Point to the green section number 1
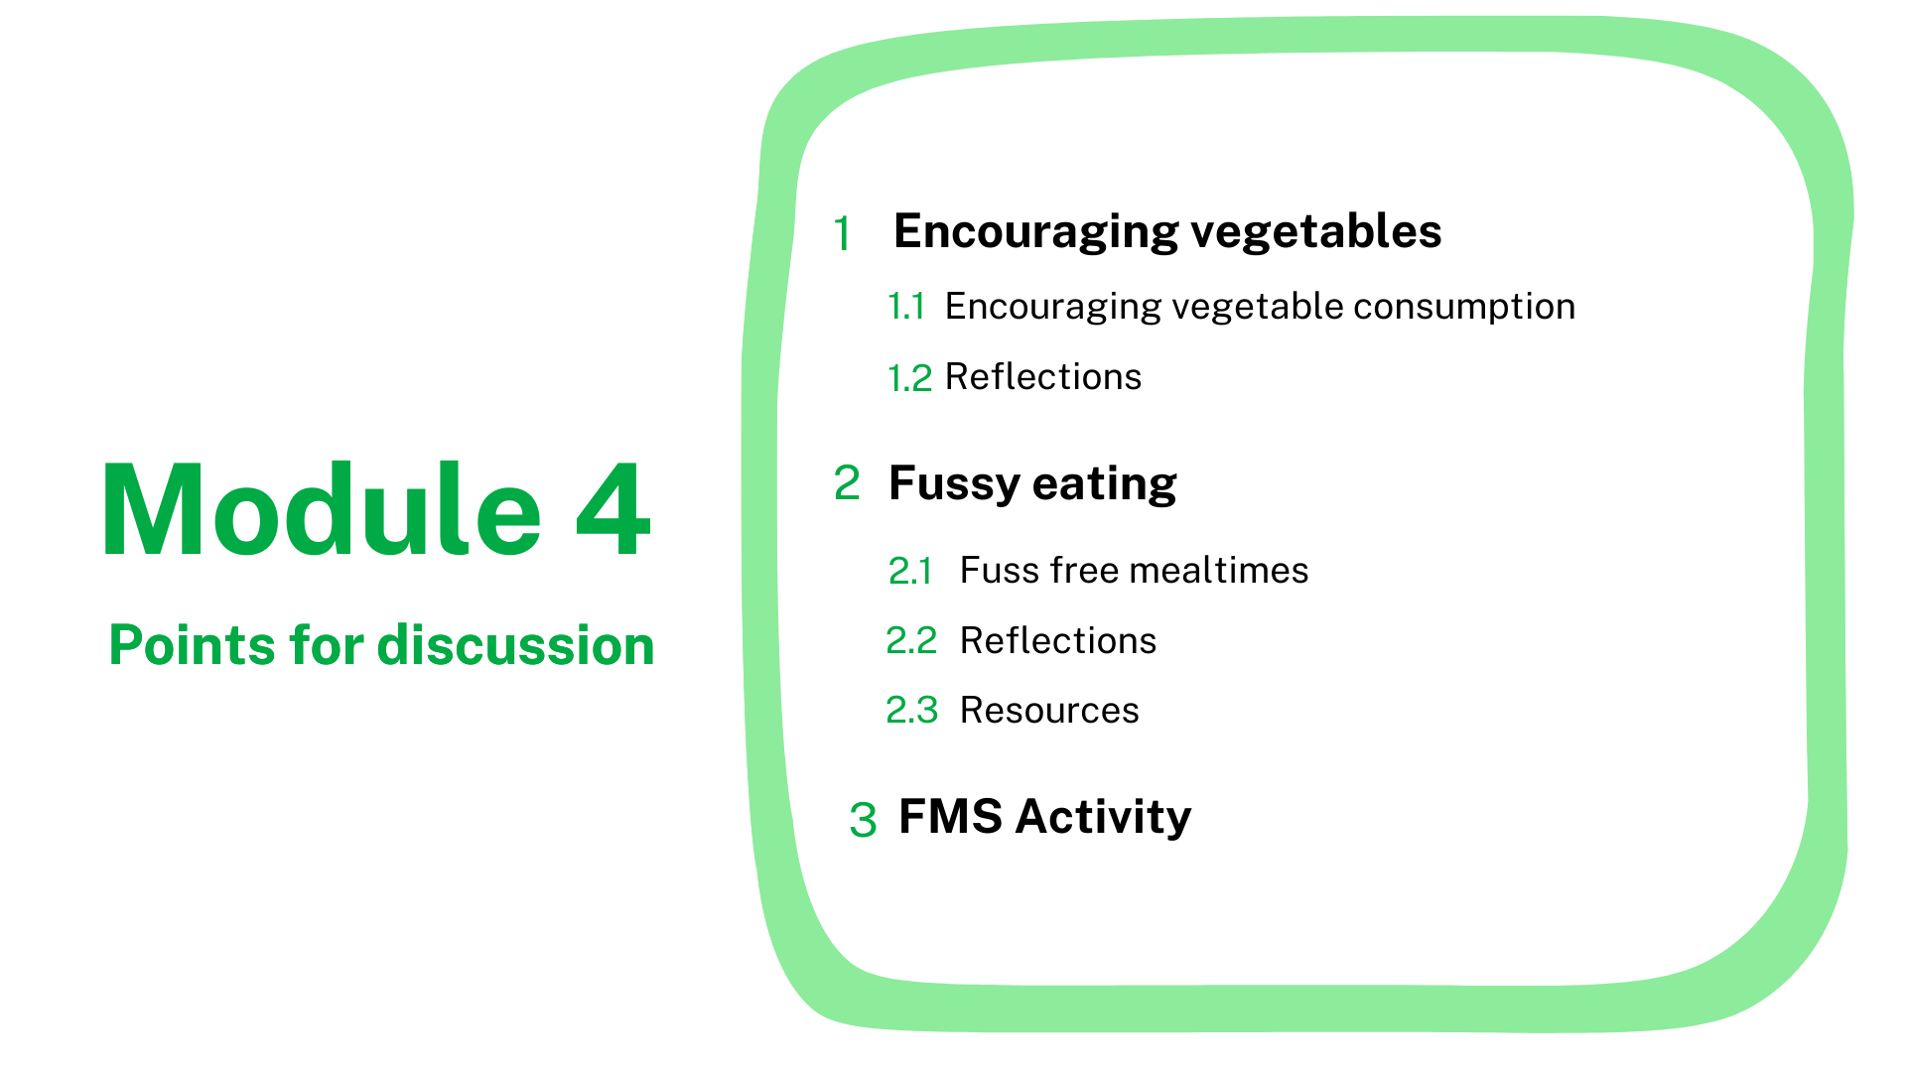click(x=842, y=234)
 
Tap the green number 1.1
click(x=906, y=307)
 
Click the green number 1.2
click(x=909, y=378)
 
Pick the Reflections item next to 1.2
click(x=1043, y=377)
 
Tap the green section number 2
click(x=847, y=483)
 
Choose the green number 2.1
click(x=910, y=572)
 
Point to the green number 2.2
click(x=911, y=641)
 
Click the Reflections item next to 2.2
click(x=1058, y=641)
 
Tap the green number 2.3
click(x=911, y=711)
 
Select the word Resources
click(x=1049, y=711)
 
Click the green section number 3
click(x=863, y=820)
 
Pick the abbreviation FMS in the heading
click(x=950, y=817)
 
